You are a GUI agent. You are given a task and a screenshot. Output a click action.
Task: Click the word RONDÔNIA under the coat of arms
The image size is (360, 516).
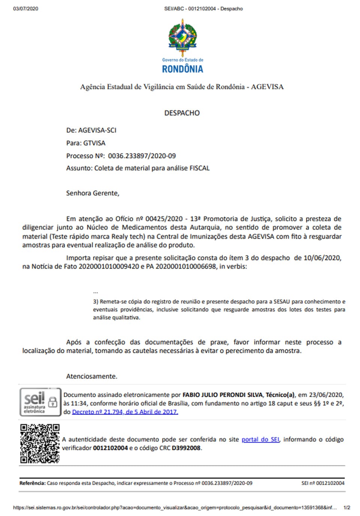point(182,69)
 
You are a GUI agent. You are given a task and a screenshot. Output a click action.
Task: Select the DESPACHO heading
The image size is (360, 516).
point(182,113)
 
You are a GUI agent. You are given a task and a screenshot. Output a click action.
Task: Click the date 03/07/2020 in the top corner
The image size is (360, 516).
point(25,9)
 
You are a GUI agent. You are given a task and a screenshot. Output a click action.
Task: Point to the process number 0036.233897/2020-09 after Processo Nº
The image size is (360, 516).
point(142,156)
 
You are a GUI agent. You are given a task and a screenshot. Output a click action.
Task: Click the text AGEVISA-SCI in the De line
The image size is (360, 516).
point(97,130)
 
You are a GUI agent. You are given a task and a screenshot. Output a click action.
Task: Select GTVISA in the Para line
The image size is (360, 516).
point(94,143)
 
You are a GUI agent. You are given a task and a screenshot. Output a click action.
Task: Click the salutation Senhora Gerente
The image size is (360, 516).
point(93,193)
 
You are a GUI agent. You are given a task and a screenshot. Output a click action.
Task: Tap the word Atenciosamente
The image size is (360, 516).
point(91,376)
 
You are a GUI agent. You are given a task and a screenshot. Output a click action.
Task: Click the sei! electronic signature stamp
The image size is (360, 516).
point(40,402)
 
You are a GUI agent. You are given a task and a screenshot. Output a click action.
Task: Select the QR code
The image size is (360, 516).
point(40,444)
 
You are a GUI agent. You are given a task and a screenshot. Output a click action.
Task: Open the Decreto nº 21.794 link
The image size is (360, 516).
point(125,412)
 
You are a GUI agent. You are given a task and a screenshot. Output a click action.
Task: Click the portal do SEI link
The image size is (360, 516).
point(260,439)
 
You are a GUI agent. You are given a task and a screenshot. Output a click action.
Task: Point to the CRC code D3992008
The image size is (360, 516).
point(186,448)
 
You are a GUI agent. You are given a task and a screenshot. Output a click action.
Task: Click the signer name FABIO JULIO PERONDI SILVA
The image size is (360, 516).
point(222,395)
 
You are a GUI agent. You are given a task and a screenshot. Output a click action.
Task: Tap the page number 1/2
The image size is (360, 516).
point(346,508)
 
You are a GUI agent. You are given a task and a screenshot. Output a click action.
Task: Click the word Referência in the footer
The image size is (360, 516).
point(32,483)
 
